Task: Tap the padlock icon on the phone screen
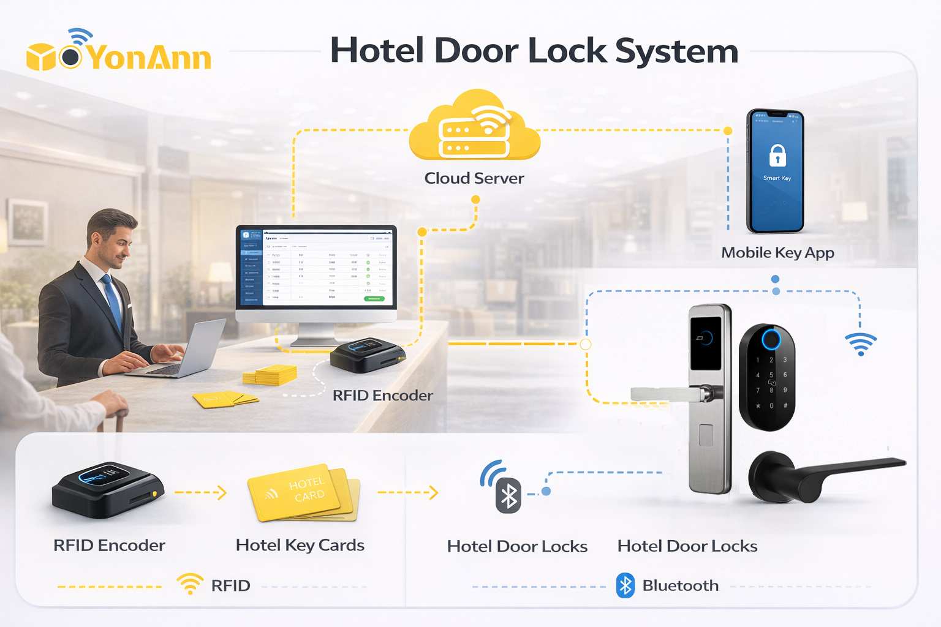tap(777, 156)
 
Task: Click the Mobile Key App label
tap(777, 253)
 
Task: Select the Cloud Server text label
tap(474, 178)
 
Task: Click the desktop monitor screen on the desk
tap(316, 267)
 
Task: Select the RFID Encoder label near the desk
tap(382, 396)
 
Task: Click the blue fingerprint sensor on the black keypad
tap(771, 339)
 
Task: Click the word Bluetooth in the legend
tap(680, 586)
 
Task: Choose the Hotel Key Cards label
tap(300, 546)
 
